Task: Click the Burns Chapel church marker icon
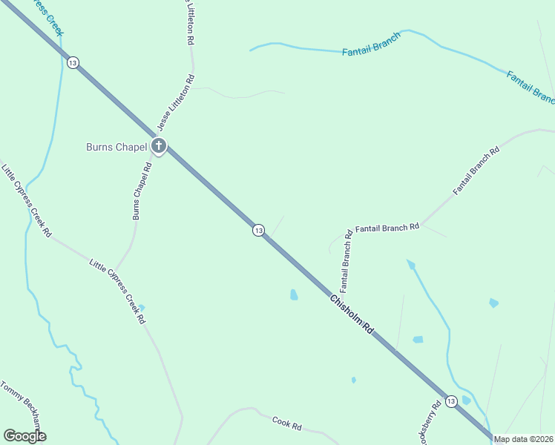click(158, 146)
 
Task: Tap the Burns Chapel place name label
click(116, 147)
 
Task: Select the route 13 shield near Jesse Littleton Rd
click(72, 63)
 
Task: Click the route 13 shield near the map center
click(257, 231)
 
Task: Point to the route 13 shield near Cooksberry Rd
click(451, 400)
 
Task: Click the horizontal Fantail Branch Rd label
click(387, 228)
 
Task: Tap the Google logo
click(24, 435)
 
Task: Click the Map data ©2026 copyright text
click(524, 439)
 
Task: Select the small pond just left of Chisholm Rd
click(294, 294)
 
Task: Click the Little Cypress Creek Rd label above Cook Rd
click(117, 291)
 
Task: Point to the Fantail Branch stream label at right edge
click(531, 86)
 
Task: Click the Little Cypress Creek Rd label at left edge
click(27, 200)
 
